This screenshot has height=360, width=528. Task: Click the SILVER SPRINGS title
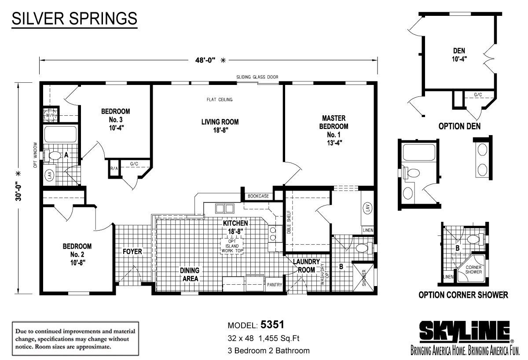point(74,18)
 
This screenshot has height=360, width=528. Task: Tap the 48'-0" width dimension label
point(205,60)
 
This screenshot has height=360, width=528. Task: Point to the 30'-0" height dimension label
point(18,191)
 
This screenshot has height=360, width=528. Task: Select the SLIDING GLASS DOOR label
point(257,77)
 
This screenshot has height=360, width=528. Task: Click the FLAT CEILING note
point(220,100)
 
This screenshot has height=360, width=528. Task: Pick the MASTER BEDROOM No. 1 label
point(334,130)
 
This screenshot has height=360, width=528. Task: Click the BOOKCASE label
point(258,196)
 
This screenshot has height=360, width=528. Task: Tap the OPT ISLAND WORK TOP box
point(232,246)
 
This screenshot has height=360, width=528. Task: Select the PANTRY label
point(275,285)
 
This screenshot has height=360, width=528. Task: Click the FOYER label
point(132,252)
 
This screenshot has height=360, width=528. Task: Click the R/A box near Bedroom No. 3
point(114,168)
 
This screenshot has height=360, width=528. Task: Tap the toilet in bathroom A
point(52,155)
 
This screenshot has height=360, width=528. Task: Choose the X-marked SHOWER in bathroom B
point(363,278)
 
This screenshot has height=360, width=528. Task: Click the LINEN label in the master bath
point(368,230)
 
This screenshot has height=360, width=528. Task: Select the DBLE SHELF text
point(289,222)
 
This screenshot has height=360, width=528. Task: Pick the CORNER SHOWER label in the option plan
point(473,269)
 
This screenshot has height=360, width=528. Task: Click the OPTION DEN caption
point(459,126)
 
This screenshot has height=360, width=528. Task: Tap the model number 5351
point(272,325)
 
